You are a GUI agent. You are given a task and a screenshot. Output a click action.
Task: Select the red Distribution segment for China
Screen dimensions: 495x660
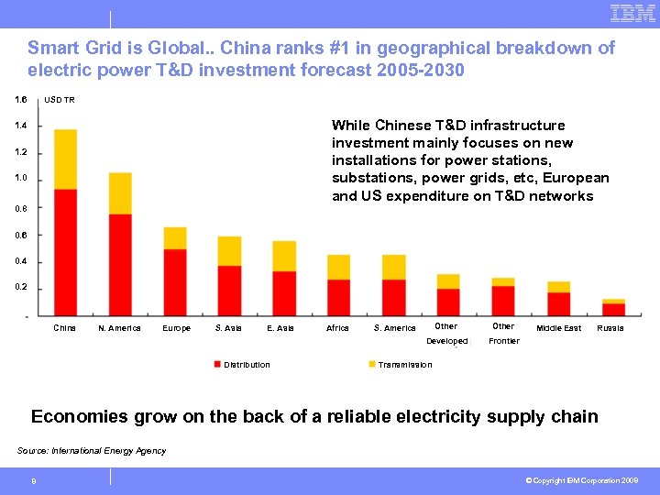(x=65, y=252)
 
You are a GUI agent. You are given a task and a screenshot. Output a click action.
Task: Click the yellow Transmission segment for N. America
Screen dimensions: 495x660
(x=120, y=192)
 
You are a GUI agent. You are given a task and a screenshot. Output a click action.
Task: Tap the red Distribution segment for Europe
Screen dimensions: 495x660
(x=175, y=282)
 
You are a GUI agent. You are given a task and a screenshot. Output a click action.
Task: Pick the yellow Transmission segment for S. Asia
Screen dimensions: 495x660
(x=229, y=251)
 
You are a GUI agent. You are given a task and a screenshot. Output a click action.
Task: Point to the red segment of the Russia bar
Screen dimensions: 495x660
(x=613, y=309)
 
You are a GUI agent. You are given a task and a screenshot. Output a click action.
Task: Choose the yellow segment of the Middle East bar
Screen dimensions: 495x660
(x=558, y=287)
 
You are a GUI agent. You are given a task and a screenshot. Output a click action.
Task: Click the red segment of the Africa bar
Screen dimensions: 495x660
(x=339, y=297)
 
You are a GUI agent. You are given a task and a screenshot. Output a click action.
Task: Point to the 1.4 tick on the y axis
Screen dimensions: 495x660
(x=20, y=126)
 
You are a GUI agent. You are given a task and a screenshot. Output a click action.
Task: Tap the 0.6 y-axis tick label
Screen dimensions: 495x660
(x=20, y=236)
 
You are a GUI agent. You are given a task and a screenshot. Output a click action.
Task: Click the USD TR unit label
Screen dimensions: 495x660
(x=60, y=100)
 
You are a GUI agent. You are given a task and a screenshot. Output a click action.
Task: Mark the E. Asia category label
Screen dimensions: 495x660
(x=280, y=328)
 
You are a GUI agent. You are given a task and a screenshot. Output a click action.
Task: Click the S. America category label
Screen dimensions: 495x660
(x=395, y=328)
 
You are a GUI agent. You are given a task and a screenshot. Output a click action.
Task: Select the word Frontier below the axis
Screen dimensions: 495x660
(x=504, y=341)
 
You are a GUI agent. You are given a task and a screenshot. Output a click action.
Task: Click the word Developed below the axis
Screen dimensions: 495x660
(x=447, y=341)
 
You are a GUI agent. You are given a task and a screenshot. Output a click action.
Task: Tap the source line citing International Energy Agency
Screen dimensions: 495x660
(x=92, y=451)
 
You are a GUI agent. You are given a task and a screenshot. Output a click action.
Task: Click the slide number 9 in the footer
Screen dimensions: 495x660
(x=33, y=480)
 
